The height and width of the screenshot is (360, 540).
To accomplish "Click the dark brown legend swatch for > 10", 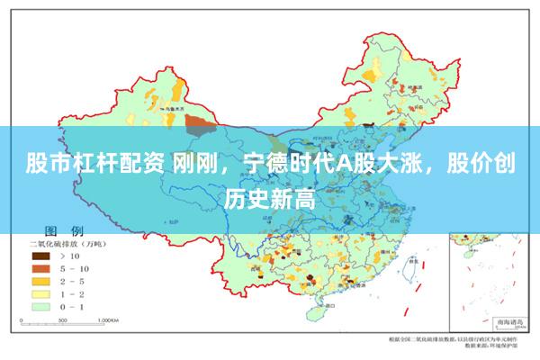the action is [41, 256].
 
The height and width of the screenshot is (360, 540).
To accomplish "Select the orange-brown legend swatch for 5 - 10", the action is [41, 268].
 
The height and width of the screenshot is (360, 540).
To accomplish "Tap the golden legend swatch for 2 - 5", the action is [41, 281].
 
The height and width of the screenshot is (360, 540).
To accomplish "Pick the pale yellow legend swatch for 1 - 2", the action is [41, 293].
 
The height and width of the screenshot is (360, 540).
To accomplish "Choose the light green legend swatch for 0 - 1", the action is [41, 306].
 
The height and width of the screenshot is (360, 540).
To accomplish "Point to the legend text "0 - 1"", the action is [73, 306].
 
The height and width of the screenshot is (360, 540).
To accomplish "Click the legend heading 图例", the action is [65, 231].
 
